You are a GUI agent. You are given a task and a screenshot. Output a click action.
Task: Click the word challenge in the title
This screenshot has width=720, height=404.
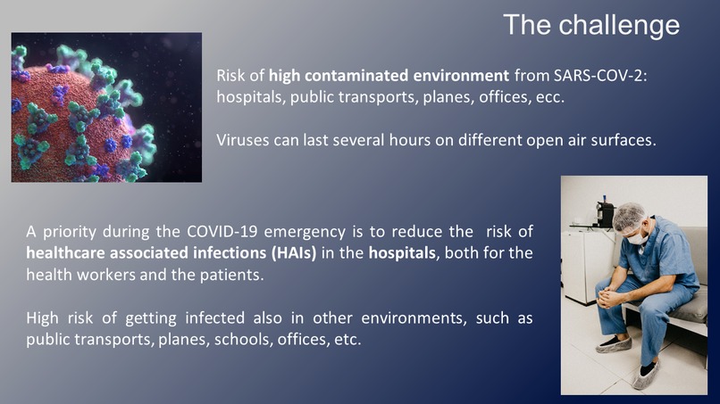[620, 24]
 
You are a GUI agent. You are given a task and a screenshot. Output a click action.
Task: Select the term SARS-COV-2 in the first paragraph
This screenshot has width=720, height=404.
[599, 76]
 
